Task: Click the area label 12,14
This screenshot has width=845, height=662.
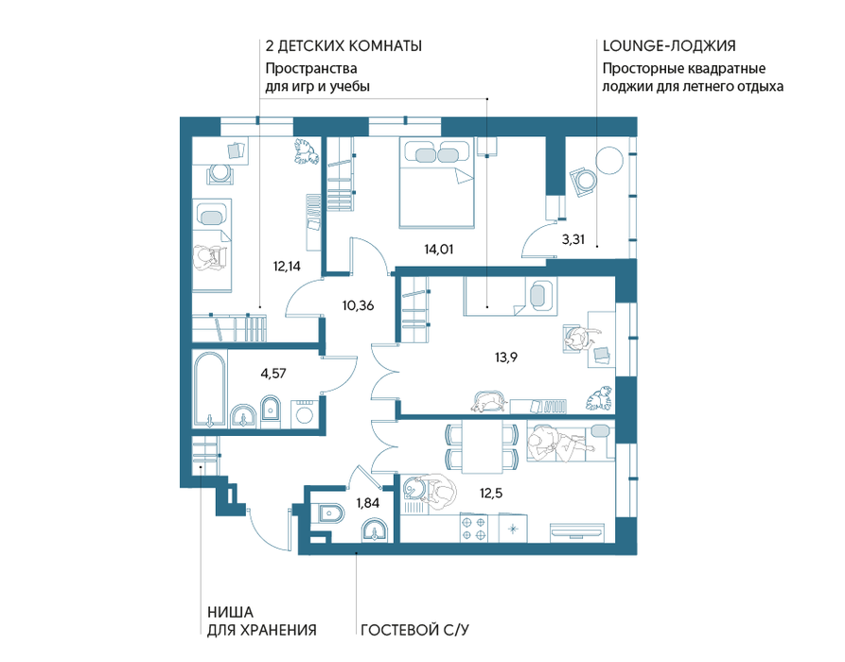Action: click(287, 266)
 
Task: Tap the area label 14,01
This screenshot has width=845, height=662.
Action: click(439, 250)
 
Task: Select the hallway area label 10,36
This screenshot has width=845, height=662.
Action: click(358, 306)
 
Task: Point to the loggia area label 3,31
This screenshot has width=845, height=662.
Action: click(573, 239)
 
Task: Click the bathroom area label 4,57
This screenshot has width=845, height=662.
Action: click(273, 374)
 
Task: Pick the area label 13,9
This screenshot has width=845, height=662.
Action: click(506, 357)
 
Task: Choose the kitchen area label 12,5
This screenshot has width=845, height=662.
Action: click(491, 493)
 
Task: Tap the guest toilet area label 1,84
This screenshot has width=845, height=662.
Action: click(367, 503)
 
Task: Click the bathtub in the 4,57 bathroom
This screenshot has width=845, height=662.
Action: click(210, 390)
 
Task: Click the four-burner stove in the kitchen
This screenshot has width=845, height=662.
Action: click(474, 528)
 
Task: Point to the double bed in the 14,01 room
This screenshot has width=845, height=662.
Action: click(436, 183)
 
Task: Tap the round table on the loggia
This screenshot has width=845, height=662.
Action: click(609, 161)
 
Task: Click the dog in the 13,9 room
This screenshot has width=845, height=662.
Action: click(489, 402)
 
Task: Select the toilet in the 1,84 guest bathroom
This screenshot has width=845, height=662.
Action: click(330, 514)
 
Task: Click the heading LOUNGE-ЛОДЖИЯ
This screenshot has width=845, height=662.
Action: click(669, 46)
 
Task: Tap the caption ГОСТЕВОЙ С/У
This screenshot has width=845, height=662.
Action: click(415, 630)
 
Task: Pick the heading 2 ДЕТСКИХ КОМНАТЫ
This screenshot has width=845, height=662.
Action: click(343, 46)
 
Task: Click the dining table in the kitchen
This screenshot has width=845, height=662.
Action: click(483, 446)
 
